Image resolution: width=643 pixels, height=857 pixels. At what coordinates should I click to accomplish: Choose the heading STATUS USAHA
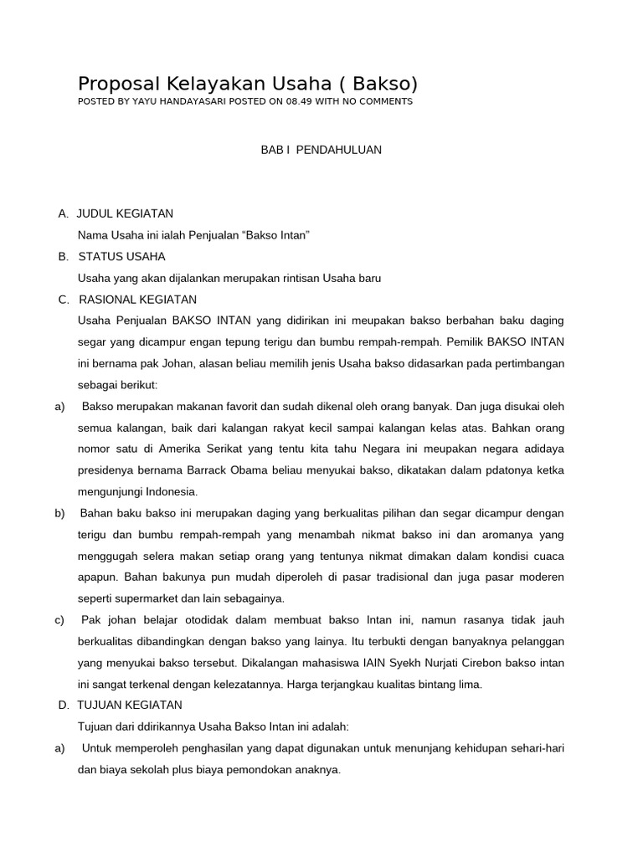point(121,256)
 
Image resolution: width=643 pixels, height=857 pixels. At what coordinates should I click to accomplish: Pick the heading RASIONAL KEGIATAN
point(137,299)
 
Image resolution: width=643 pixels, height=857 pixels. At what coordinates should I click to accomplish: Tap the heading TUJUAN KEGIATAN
point(130,705)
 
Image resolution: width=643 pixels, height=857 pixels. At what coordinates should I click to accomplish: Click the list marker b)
point(59,512)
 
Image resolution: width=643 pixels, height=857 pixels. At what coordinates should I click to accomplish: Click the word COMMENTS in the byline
point(385,101)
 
